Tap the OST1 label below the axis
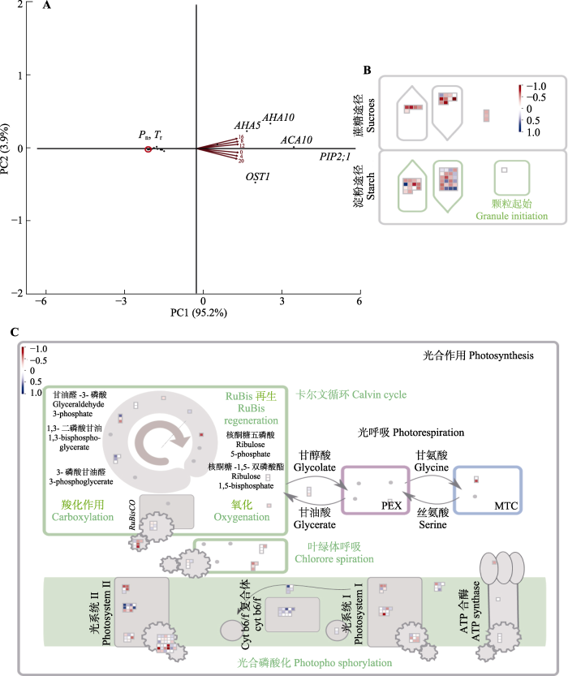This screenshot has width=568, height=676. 257,175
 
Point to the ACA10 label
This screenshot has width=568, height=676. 296,140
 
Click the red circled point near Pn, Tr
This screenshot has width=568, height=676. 148,149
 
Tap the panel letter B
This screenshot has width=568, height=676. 368,71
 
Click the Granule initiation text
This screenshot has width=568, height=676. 512,216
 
